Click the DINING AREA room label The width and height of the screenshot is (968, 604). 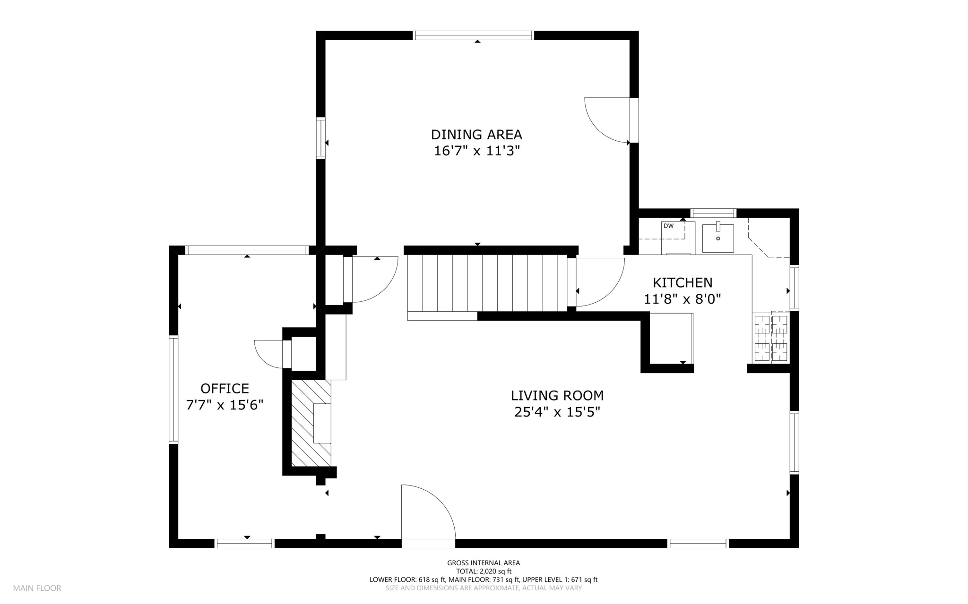pos(476,135)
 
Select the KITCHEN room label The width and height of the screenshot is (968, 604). pos(683,282)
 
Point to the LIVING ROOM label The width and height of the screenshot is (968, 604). pos(557,395)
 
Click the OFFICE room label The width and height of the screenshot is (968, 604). pos(225,389)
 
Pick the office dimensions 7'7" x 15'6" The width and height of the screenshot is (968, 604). pos(225,405)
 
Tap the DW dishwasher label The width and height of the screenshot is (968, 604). pos(668,226)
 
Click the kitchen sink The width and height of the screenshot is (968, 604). pos(718,238)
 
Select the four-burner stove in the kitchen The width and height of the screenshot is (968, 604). pos(771,338)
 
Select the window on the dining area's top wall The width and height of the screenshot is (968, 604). pos(473,35)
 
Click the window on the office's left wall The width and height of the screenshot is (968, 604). pos(173,389)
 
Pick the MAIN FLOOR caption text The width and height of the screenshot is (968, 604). pos(37,588)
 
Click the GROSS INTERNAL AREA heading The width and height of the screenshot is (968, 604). pos(484,563)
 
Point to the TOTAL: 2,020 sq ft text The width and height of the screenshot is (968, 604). pos(484,571)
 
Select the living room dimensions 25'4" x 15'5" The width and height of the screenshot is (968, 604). pos(557,412)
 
